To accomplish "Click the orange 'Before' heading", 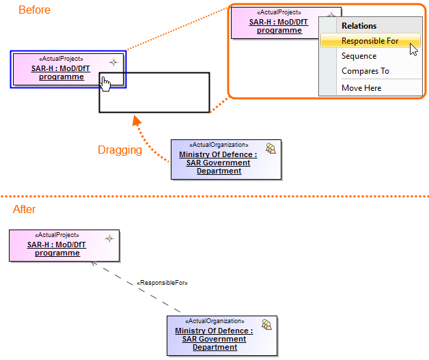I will coord(34,10).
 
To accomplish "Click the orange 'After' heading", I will coord(25,209).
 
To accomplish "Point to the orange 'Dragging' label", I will coord(120,150).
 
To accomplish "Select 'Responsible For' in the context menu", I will coord(370,41).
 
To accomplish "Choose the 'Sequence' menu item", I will coord(359,56).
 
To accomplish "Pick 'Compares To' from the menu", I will coord(365,71).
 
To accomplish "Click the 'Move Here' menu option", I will coord(361,88).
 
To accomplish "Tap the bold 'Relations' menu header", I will coord(359,26).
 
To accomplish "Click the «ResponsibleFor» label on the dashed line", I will coord(163,282).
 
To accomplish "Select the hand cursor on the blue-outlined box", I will coord(105,83).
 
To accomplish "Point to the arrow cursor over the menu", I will coord(413,49).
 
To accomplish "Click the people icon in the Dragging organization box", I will coord(271,150).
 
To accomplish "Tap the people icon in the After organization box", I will coord(267,325).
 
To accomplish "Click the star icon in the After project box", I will coord(109,238).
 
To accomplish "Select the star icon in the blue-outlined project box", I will coord(114,62).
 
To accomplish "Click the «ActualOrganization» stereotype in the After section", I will coord(214,321).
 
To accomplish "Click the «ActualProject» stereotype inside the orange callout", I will coord(278,12).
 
